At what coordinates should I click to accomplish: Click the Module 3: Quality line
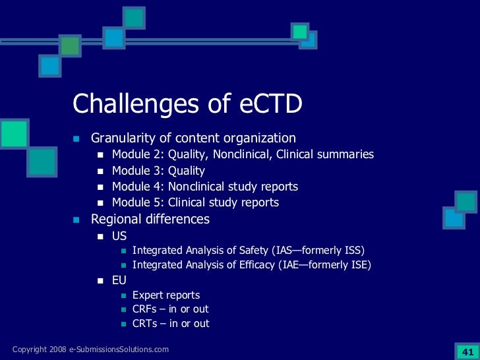pos(158,171)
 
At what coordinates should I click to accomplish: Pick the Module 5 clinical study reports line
pos(195,202)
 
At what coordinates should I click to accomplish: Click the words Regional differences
pos(150,219)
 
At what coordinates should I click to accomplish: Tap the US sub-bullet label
pos(119,235)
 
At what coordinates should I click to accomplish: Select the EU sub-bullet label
pos(119,280)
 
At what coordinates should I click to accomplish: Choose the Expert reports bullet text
pos(166,295)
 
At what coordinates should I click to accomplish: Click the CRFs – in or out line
pos(171,309)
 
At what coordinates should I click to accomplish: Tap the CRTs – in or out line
pos(171,324)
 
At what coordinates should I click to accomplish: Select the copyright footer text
pos(90,349)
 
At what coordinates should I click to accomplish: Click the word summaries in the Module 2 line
pos(344,154)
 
